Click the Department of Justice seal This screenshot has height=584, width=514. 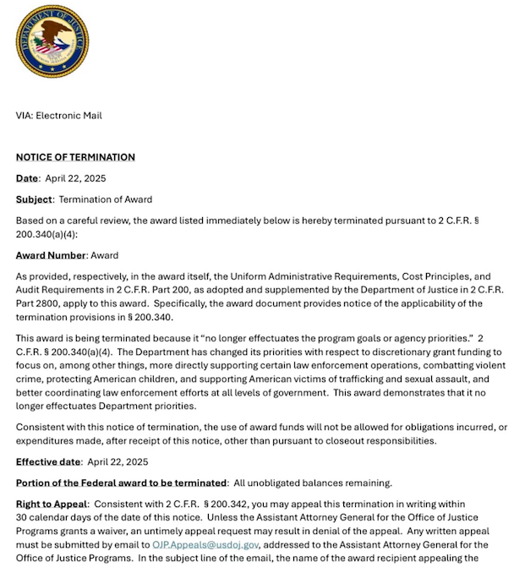point(52,42)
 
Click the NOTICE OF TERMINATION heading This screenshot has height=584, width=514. point(75,157)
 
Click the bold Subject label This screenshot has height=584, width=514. point(34,199)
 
